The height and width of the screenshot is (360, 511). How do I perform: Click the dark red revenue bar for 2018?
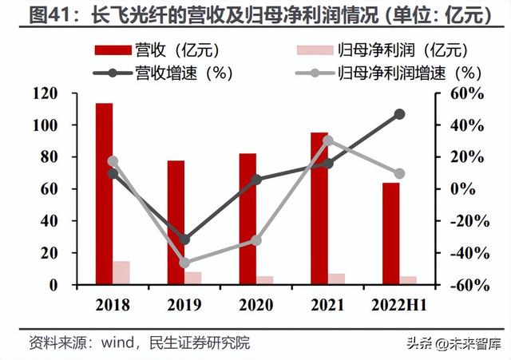(103, 193)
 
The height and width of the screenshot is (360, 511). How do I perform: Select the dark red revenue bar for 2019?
(176, 222)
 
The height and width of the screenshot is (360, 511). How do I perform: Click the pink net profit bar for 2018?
(121, 272)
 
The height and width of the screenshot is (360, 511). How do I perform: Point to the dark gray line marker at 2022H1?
(400, 114)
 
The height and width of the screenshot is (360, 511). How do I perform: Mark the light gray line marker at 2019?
(184, 263)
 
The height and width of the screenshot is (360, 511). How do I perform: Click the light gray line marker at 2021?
(328, 140)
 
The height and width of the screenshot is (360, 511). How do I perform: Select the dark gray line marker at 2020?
(256, 180)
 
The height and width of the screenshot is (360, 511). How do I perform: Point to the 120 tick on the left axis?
(46, 93)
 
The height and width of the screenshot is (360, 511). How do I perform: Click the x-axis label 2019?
(184, 305)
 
